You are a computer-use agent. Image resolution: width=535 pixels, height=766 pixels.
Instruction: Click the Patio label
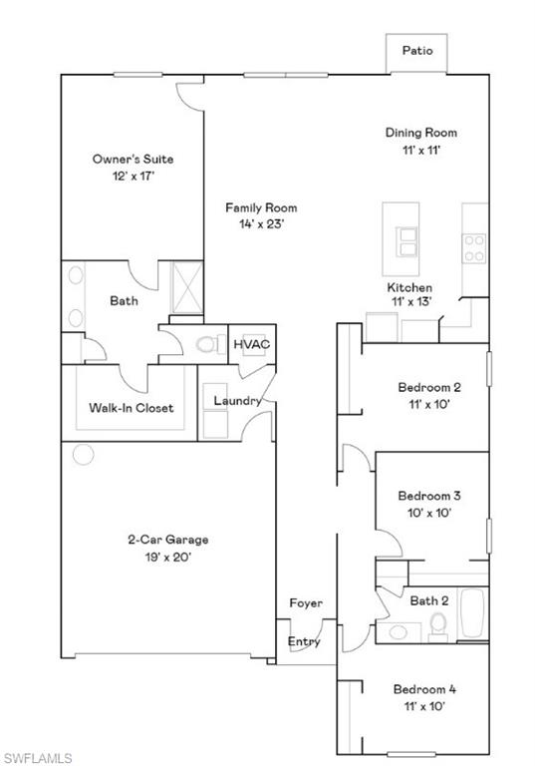pyautogui.click(x=417, y=50)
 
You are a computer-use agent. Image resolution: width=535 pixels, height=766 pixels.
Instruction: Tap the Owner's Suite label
pyautogui.click(x=125, y=159)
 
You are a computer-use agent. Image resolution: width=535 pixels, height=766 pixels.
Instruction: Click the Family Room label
pyautogui.click(x=261, y=207)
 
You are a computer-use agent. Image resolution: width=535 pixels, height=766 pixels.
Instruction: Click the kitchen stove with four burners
pyautogui.click(x=474, y=247)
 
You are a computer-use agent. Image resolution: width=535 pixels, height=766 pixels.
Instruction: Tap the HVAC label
pyautogui.click(x=252, y=345)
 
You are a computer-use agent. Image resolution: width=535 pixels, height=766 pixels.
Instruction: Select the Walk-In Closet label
pyautogui.click(x=131, y=408)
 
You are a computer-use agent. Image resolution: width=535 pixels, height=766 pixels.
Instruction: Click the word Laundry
pyautogui.click(x=238, y=401)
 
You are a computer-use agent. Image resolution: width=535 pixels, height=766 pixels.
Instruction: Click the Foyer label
pyautogui.click(x=306, y=603)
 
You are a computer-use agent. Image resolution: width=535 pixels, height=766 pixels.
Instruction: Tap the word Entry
pyautogui.click(x=305, y=641)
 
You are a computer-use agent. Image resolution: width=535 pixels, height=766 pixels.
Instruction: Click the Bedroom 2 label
pyautogui.click(x=429, y=387)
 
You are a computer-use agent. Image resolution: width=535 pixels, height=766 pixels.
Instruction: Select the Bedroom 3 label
pyautogui.click(x=428, y=495)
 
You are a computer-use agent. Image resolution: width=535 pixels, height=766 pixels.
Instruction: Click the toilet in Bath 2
pyautogui.click(x=437, y=625)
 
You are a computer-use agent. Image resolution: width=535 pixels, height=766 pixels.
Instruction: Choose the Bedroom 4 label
pyautogui.click(x=424, y=689)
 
